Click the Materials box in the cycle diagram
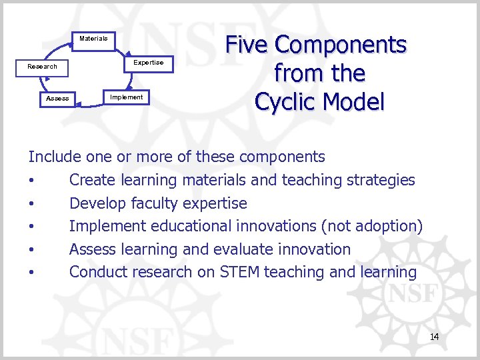pos(93,39)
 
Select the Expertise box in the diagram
pos(148,63)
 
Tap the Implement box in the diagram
pos(126,97)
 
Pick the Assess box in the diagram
pos(57,99)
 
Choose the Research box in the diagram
pos(42,67)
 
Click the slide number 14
pos(434,337)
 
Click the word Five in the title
pos(247,45)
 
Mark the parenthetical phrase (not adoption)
pos(371,226)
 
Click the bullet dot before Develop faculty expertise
pos(31,204)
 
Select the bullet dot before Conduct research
pos(31,273)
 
